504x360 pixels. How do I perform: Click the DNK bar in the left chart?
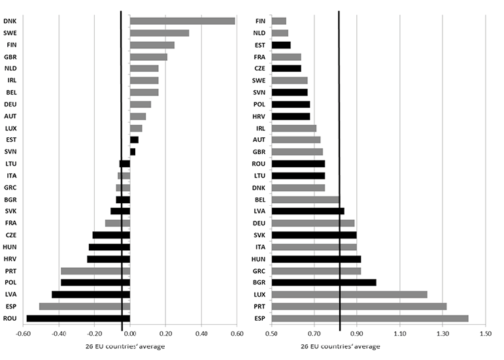point(182,21)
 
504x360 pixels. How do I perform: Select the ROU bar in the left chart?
point(78,318)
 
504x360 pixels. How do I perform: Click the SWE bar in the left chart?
point(160,33)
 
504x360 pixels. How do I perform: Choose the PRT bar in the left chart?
point(95,271)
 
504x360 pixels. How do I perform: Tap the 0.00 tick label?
point(130,334)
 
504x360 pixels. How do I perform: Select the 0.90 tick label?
point(358,334)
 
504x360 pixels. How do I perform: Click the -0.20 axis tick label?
point(95,334)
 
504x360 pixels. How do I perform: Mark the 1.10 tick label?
point(400,334)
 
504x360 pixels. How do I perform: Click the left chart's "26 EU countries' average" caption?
point(126,346)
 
